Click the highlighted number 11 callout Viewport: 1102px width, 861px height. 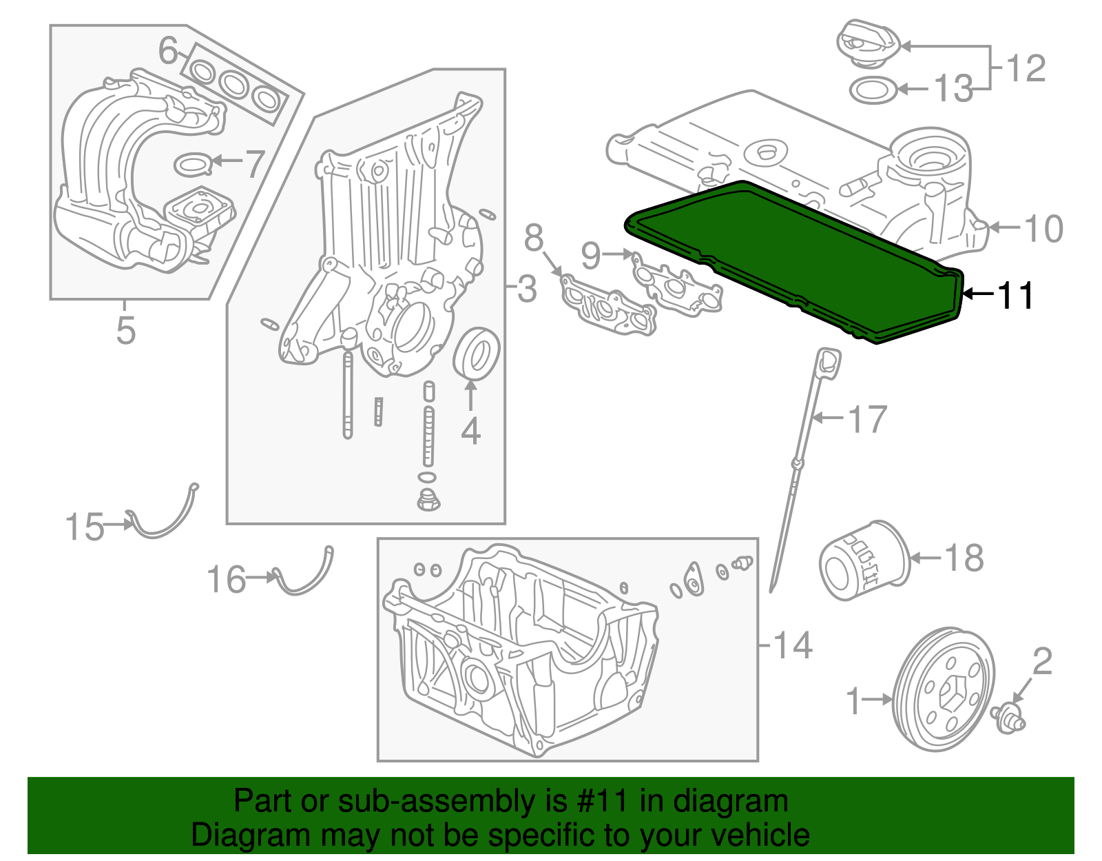coord(1015,295)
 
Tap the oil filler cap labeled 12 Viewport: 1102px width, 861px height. coord(868,44)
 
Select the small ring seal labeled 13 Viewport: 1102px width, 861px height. coord(873,90)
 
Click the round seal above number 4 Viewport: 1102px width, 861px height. coord(476,354)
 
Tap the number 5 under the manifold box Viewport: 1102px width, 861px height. coord(125,330)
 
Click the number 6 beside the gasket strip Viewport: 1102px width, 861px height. coord(168,50)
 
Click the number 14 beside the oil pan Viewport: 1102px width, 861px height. coord(793,645)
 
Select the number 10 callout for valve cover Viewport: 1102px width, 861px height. coord(1043,229)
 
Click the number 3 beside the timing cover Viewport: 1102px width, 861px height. coord(527,288)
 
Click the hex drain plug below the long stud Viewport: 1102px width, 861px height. coord(428,500)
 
